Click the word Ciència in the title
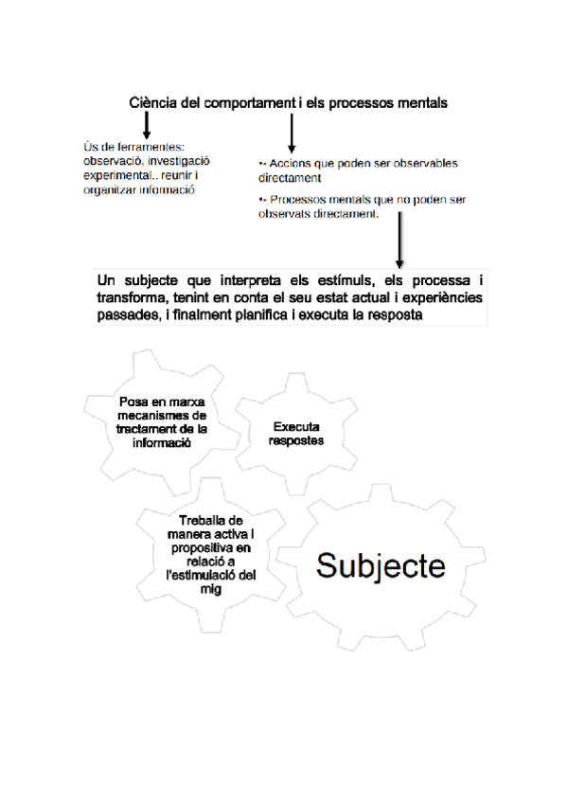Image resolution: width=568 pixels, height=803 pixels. pos(151,101)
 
